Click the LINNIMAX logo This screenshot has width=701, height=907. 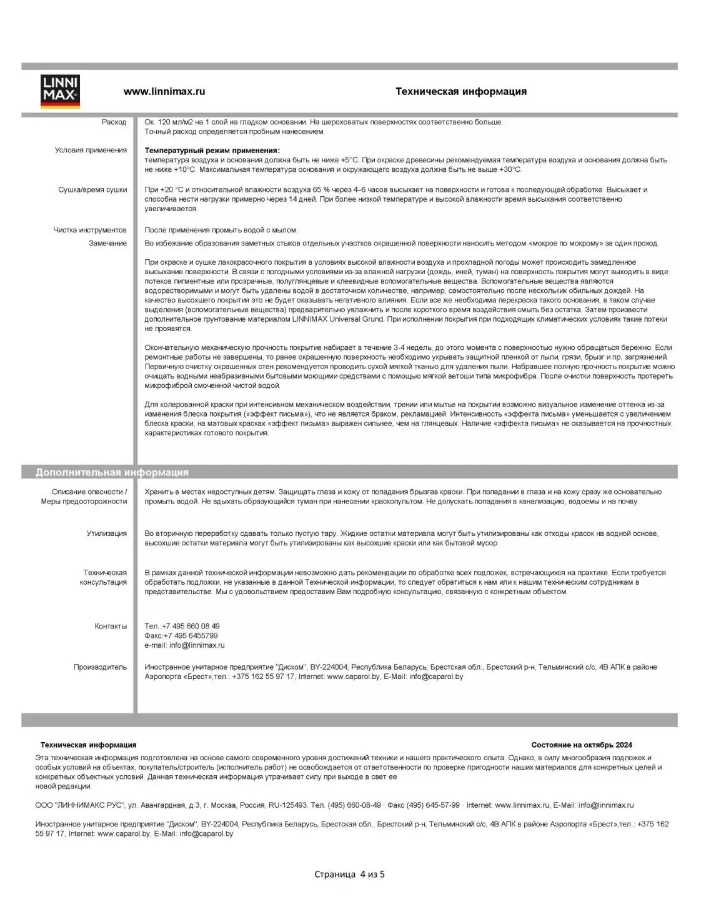click(x=60, y=92)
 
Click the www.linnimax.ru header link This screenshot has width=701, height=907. click(x=164, y=91)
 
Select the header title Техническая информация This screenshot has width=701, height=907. click(x=460, y=91)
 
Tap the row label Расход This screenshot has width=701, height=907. click(x=114, y=122)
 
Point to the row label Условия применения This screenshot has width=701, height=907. click(x=91, y=150)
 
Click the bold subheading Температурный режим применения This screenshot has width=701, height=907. click(x=212, y=151)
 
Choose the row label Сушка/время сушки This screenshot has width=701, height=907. click(x=92, y=190)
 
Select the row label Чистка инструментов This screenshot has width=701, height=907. click(x=90, y=230)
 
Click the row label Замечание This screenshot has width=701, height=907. click(x=107, y=244)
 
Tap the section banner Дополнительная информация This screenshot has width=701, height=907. click(x=112, y=472)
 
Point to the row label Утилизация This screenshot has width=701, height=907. click(x=106, y=533)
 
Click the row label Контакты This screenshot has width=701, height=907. click(x=111, y=626)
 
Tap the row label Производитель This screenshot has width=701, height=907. click(x=100, y=667)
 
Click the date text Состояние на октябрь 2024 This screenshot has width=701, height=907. click(x=581, y=745)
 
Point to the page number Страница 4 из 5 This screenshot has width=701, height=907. click(x=349, y=874)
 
